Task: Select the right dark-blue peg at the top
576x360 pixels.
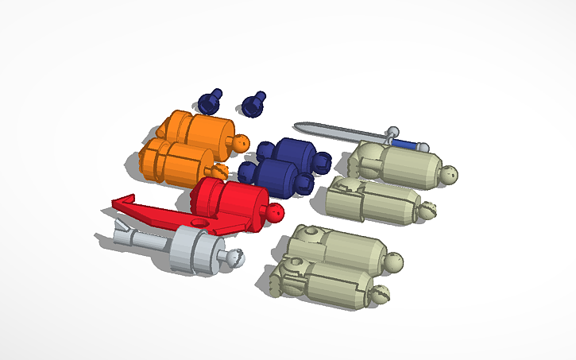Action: pyautogui.click(x=253, y=103)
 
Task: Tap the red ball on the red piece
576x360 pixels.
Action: pyautogui.click(x=274, y=213)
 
